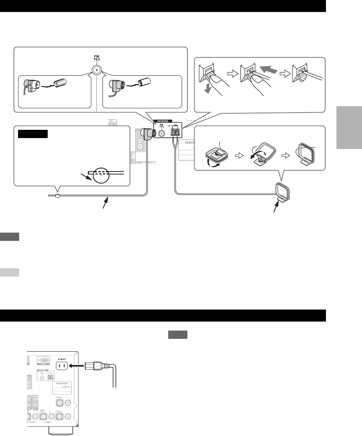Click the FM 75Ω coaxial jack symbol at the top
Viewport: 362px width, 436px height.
(97, 70)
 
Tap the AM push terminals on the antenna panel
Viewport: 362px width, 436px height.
(175, 132)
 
